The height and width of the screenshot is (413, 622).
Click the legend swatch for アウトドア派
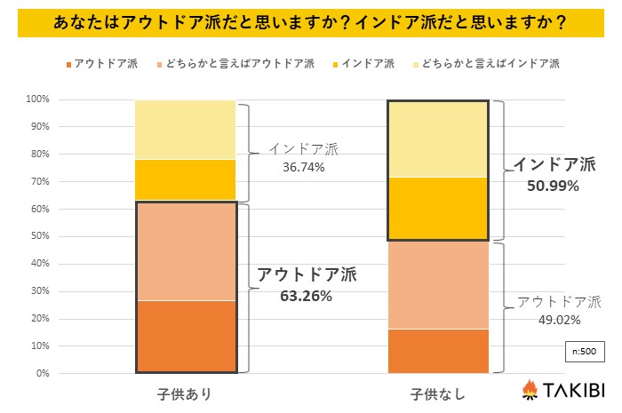click(68, 64)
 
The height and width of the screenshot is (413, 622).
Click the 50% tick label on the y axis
click(38, 236)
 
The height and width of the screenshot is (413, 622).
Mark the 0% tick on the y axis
click(41, 373)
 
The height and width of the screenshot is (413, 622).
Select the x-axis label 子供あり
click(185, 392)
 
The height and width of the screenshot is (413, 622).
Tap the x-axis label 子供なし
click(437, 392)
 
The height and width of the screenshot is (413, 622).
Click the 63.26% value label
click(306, 296)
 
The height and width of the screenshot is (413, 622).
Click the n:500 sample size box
click(583, 351)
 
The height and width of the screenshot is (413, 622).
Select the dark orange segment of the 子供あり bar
click(186, 337)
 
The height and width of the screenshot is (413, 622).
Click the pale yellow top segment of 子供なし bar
click(438, 139)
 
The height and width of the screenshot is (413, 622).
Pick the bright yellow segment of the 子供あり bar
click(186, 180)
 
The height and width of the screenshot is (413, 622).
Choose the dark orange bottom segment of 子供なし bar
click(438, 351)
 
